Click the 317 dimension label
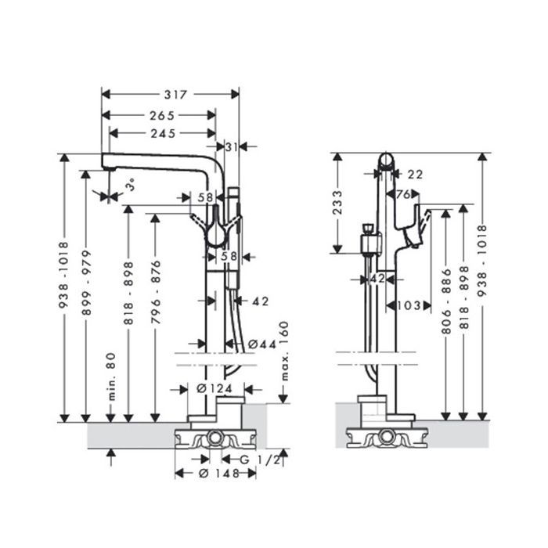(x=176, y=95)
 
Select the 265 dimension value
(x=162, y=115)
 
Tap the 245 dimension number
(x=163, y=134)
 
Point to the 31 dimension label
(x=231, y=147)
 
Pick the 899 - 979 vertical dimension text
(x=86, y=283)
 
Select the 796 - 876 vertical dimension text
(x=156, y=292)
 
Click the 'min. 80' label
(x=111, y=377)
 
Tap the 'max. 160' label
(x=285, y=351)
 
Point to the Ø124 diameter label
(x=215, y=388)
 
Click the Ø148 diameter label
(x=218, y=473)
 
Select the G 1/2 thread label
(x=260, y=460)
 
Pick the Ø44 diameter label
(x=262, y=344)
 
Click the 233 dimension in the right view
(x=338, y=203)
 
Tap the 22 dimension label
(x=415, y=174)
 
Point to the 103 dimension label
(x=409, y=306)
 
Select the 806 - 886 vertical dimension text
(x=446, y=301)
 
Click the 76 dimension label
(x=403, y=194)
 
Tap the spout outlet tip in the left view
(x=110, y=169)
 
